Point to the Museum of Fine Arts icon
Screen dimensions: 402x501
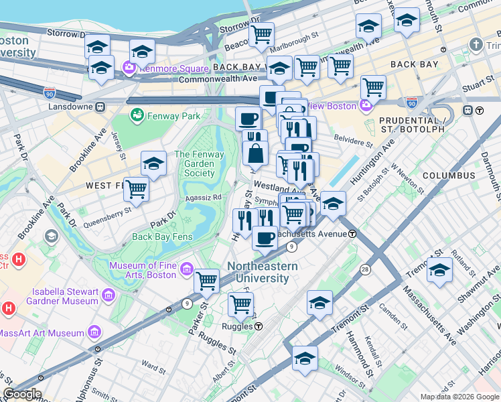pos(186,269)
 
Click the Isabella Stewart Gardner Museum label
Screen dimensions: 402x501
pos(66,297)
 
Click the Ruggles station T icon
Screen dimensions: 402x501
pos(258,326)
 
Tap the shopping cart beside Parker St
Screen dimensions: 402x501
pos(207,281)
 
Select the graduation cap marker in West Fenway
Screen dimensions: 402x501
pos(153,163)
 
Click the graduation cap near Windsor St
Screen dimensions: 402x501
pos(305,357)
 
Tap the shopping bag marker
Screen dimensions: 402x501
pos(256,153)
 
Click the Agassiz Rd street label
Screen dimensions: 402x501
pos(203,198)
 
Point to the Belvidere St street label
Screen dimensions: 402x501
pos(354,143)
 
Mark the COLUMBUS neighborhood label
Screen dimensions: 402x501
pos(449,176)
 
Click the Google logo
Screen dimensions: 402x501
pos(21,394)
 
